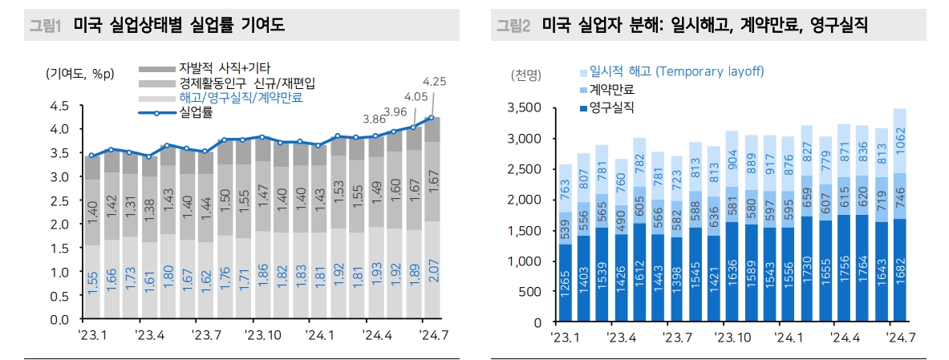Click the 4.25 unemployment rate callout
[434, 81]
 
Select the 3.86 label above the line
[375, 119]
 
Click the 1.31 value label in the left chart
[128, 206]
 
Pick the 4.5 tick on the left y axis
[59, 105]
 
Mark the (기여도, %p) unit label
[80, 73]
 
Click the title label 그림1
[46, 26]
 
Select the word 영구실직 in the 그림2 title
[836, 26]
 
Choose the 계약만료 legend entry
[610, 89]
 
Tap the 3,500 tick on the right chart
[527, 107]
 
